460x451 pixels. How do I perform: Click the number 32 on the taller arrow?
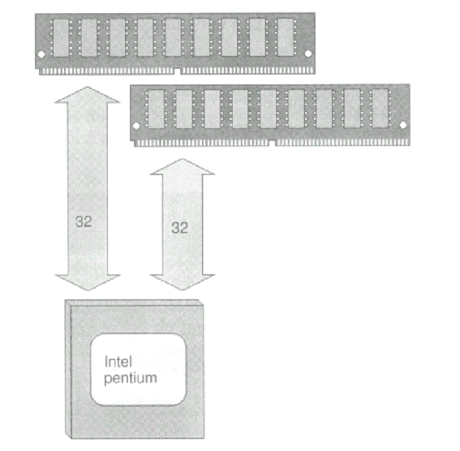click(x=84, y=221)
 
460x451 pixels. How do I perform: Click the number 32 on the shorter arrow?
click(x=179, y=228)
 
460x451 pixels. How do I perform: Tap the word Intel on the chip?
click(x=118, y=362)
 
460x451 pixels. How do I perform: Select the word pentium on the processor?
click(x=131, y=379)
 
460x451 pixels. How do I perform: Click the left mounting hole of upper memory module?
click(x=41, y=54)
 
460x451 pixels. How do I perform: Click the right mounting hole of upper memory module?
click(x=308, y=54)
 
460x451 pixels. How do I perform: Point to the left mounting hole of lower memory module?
click(x=136, y=126)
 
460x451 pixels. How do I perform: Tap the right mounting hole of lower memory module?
click(x=403, y=125)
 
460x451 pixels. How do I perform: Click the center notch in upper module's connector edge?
click(x=177, y=72)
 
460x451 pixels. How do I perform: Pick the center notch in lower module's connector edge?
click(x=272, y=144)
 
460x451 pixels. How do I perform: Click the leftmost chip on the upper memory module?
click(x=62, y=38)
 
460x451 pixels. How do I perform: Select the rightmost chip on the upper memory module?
click(x=286, y=37)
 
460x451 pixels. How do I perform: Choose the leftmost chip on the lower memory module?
click(x=156, y=110)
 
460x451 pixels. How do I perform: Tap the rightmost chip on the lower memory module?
click(x=380, y=109)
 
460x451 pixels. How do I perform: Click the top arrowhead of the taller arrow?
click(x=87, y=94)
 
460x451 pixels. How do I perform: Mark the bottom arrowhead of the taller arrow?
click(x=88, y=282)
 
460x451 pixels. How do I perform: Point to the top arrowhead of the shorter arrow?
click(x=183, y=166)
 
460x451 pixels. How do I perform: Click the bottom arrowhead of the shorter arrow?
click(x=183, y=282)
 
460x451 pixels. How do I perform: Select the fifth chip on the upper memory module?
click(x=174, y=37)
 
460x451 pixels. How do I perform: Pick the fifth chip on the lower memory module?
click(x=269, y=109)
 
